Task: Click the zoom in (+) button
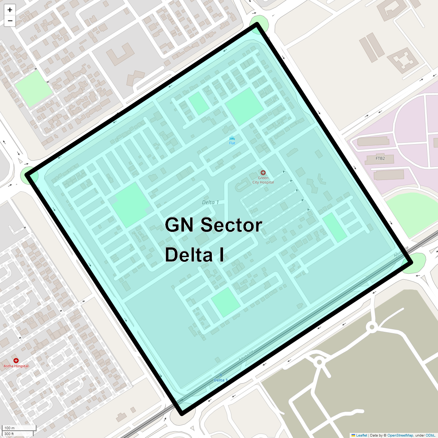pos(10,10)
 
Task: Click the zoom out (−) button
pos(10,21)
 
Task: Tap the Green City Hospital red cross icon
pos(263,173)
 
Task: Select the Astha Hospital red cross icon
pos(16,361)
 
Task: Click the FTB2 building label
pos(380,158)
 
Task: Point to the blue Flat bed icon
pos(232,139)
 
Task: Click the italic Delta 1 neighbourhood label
pos(211,202)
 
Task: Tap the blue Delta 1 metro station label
pos(220,380)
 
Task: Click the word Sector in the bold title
pos(231,225)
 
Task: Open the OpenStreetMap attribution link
pos(400,435)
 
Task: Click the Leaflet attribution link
pos(361,435)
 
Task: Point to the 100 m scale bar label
pos(9,428)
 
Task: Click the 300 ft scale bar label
pos(9,434)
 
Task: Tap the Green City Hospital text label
pos(263,180)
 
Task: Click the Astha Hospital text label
pos(16,366)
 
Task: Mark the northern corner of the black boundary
pos(257,24)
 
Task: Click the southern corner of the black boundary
pos(182,414)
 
